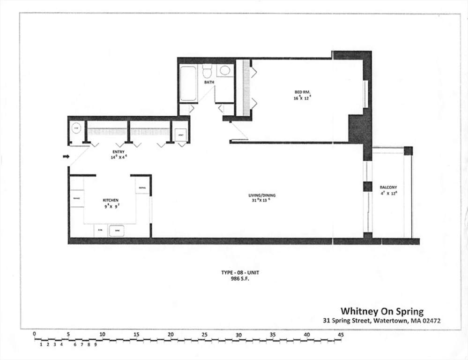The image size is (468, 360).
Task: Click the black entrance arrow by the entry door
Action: click(66, 157)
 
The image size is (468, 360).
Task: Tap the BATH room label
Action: click(209, 83)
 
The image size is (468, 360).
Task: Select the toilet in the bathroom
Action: click(207, 71)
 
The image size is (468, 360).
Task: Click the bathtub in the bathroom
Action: click(188, 83)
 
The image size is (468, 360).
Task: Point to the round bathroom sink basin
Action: click(224, 71)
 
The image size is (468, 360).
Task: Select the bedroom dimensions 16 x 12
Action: click(303, 98)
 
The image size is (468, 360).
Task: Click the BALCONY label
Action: click(388, 187)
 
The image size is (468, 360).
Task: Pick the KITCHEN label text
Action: click(111, 200)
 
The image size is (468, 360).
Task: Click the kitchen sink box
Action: click(116, 231)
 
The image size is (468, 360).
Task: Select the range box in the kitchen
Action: click(76, 198)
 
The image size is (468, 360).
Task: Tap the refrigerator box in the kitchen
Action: click(142, 187)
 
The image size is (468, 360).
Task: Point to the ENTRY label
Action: click(118, 152)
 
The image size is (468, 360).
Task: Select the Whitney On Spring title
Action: click(382, 311)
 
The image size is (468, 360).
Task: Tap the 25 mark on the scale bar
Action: click(205, 335)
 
